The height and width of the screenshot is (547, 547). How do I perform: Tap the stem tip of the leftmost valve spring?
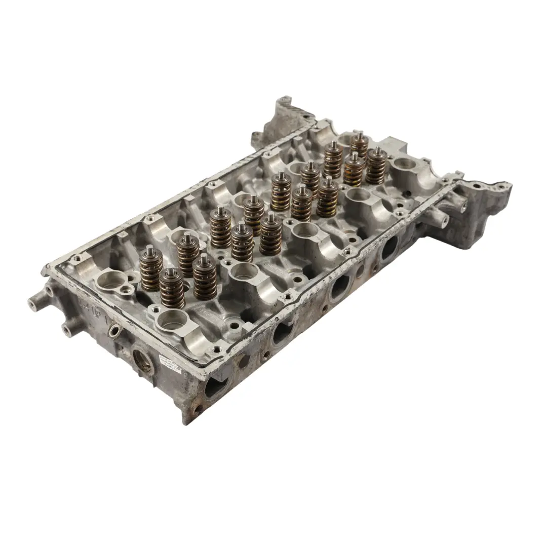pyautogui.click(x=150, y=249)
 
